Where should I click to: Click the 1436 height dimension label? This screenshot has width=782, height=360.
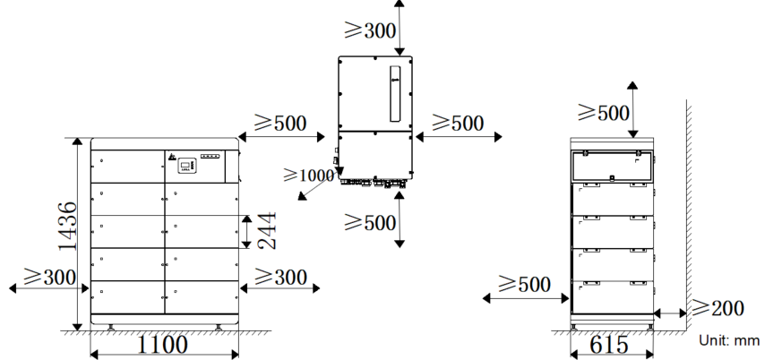(68, 226)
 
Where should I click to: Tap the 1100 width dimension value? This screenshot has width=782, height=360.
(163, 345)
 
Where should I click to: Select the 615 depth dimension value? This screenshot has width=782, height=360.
(609, 345)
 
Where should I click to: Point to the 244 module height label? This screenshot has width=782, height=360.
(267, 230)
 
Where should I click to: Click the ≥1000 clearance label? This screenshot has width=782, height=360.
(309, 175)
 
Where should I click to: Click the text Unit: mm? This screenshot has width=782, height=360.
(729, 340)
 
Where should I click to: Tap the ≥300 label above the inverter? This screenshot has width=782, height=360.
(370, 30)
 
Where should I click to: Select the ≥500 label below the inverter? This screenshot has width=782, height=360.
(370, 222)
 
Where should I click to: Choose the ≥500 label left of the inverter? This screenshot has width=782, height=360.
(280, 123)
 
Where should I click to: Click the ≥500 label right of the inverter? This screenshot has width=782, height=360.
(458, 123)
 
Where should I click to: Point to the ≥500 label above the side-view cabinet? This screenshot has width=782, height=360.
(604, 113)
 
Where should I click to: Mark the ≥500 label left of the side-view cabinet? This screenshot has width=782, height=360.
(524, 284)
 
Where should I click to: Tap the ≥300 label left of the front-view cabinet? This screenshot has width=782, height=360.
(50, 277)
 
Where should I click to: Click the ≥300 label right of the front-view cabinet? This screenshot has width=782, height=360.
(280, 277)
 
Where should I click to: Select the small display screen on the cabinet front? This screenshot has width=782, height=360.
(185, 166)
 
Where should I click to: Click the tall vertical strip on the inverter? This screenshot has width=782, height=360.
(395, 94)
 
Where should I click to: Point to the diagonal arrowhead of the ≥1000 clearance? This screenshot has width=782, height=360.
(302, 195)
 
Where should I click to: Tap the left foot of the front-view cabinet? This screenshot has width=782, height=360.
(110, 328)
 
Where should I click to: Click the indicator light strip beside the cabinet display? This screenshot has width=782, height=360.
(211, 156)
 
